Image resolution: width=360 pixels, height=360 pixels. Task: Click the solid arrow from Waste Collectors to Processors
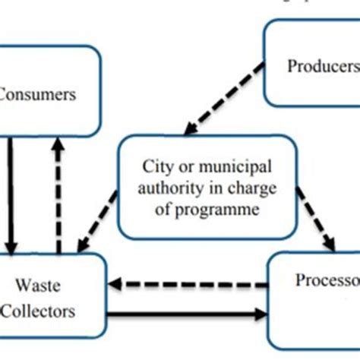tap(190, 311)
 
